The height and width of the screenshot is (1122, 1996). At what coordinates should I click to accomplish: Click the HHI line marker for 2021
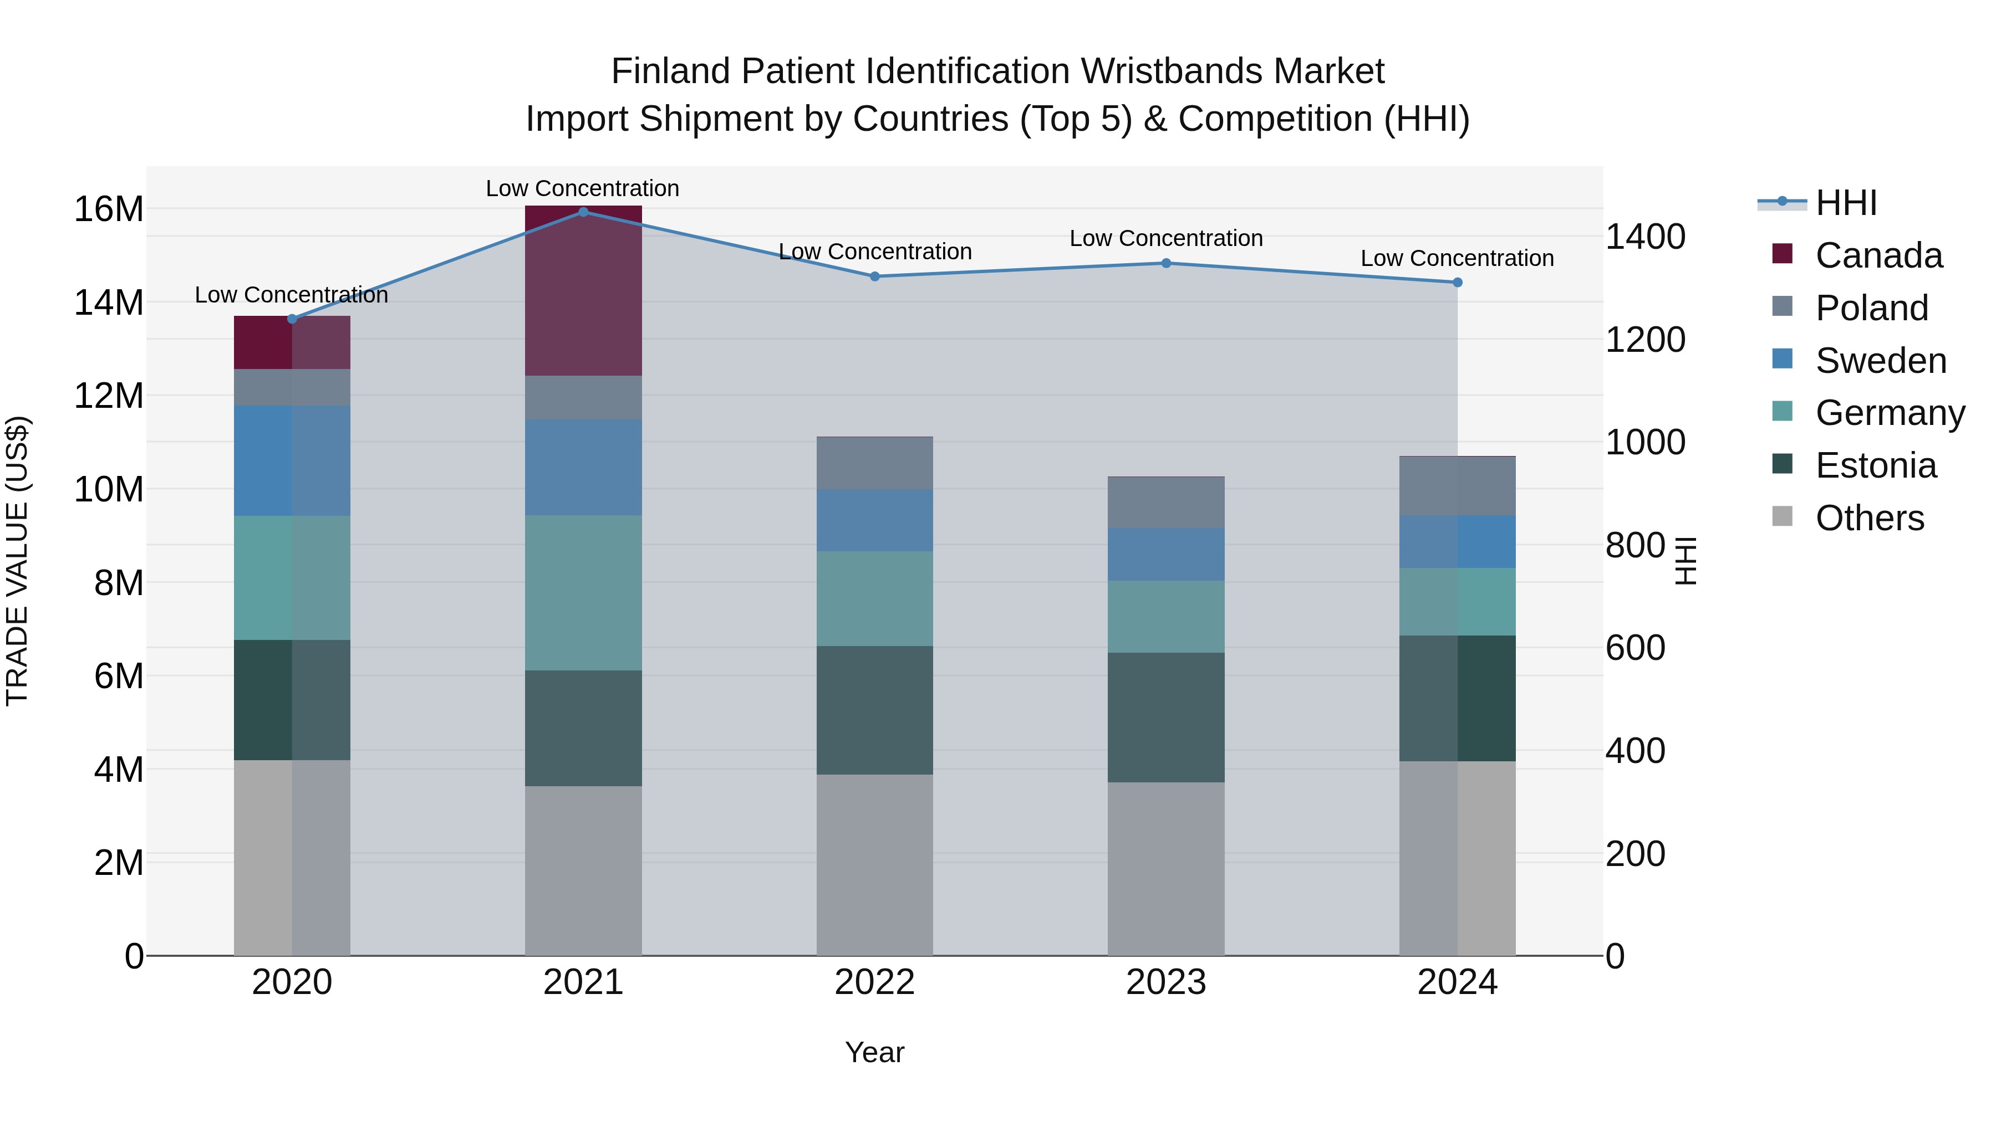click(583, 212)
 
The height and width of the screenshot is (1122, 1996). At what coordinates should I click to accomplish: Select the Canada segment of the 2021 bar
click(583, 291)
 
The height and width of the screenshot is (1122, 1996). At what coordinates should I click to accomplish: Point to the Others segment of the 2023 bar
click(1165, 868)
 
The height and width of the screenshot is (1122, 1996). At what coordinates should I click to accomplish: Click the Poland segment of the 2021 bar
click(583, 398)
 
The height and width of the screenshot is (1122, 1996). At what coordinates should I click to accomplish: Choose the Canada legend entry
click(1878, 255)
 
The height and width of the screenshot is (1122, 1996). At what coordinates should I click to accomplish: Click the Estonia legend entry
click(1875, 465)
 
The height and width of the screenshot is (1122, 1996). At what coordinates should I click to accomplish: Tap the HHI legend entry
click(1846, 203)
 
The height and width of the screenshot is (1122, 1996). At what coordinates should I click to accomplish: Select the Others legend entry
click(1869, 518)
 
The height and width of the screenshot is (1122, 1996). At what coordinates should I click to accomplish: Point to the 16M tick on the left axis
click(109, 209)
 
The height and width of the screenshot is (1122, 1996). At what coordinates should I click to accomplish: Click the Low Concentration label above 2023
click(1165, 238)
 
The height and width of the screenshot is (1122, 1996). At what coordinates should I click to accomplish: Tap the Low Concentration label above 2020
click(291, 295)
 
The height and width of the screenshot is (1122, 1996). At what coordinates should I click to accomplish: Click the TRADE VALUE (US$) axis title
click(18, 561)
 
